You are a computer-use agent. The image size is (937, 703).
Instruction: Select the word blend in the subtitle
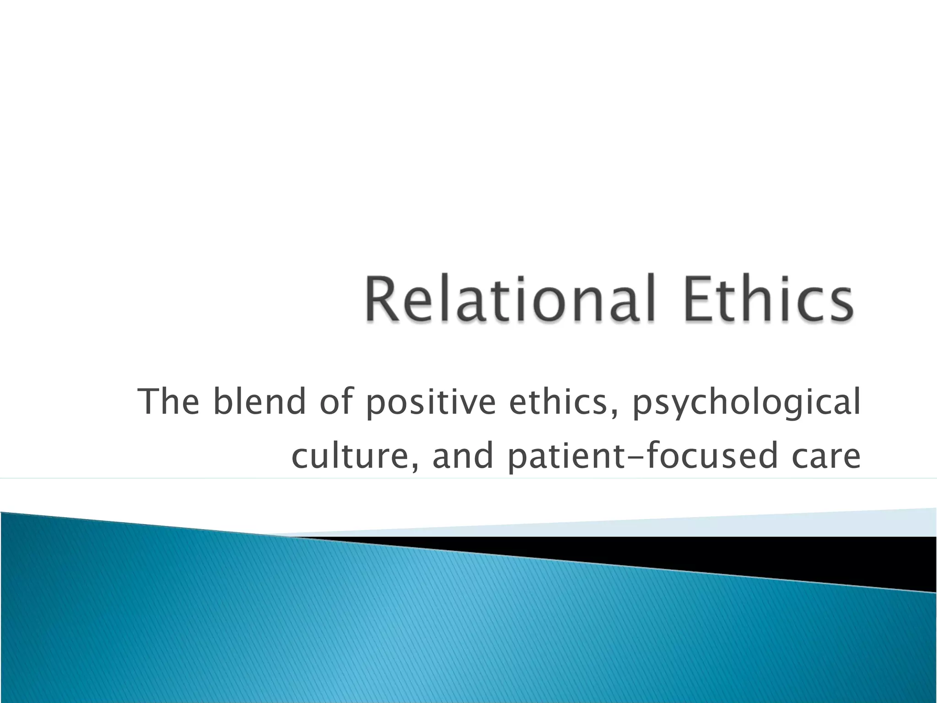coord(259,401)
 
